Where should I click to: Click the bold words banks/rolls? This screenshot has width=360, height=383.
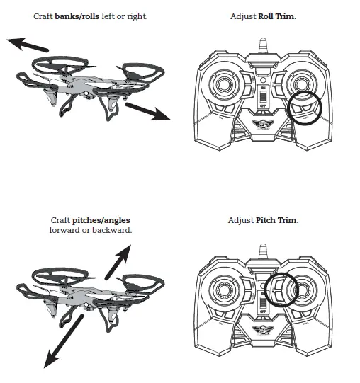coord(77,16)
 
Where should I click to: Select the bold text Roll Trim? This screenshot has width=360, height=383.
coord(279,16)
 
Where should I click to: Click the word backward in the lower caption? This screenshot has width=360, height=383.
coord(113,230)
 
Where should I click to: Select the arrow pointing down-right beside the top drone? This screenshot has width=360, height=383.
coord(148,110)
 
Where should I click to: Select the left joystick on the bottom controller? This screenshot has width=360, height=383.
coord(225,292)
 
